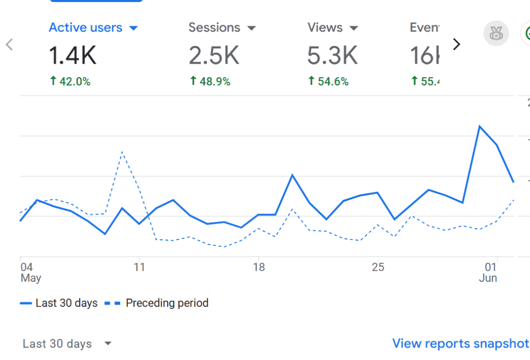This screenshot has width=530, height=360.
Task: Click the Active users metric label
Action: (x=85, y=27)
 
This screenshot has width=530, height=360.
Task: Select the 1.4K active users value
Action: (x=72, y=55)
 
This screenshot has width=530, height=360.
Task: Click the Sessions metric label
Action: (x=214, y=27)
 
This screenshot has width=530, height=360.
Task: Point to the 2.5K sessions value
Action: (x=214, y=55)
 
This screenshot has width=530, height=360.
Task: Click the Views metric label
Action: (x=326, y=27)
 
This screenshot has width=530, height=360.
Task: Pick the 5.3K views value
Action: (x=332, y=55)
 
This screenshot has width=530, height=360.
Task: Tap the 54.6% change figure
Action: (x=328, y=81)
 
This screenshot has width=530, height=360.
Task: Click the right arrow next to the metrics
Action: (x=456, y=45)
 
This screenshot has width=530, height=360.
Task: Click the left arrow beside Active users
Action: (x=9, y=45)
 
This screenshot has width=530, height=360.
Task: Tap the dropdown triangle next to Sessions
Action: (x=252, y=28)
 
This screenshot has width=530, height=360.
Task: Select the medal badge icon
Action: (x=496, y=34)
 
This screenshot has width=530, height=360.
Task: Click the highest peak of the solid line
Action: (x=480, y=126)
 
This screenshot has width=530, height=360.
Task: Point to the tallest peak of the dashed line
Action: (x=122, y=151)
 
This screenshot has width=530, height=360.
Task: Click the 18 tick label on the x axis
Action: (x=259, y=267)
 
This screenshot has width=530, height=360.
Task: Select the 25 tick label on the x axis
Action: (x=378, y=267)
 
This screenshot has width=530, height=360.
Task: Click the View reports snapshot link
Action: (x=460, y=343)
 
